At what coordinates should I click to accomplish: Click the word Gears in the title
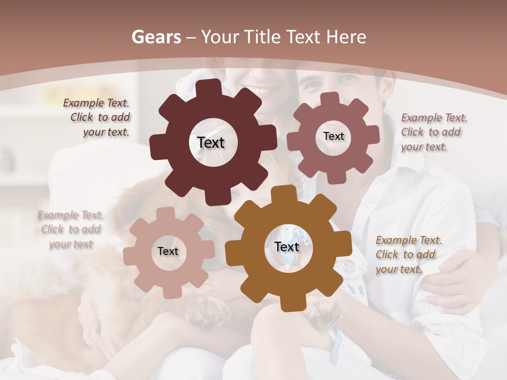click(156, 37)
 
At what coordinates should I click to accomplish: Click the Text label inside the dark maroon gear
click(211, 142)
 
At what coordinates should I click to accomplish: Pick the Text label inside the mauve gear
click(333, 136)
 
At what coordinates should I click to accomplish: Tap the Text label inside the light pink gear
click(168, 251)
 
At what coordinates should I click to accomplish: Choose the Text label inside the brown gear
click(287, 246)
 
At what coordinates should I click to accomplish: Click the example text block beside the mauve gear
click(433, 132)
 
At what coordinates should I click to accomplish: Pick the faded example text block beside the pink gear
click(71, 230)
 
